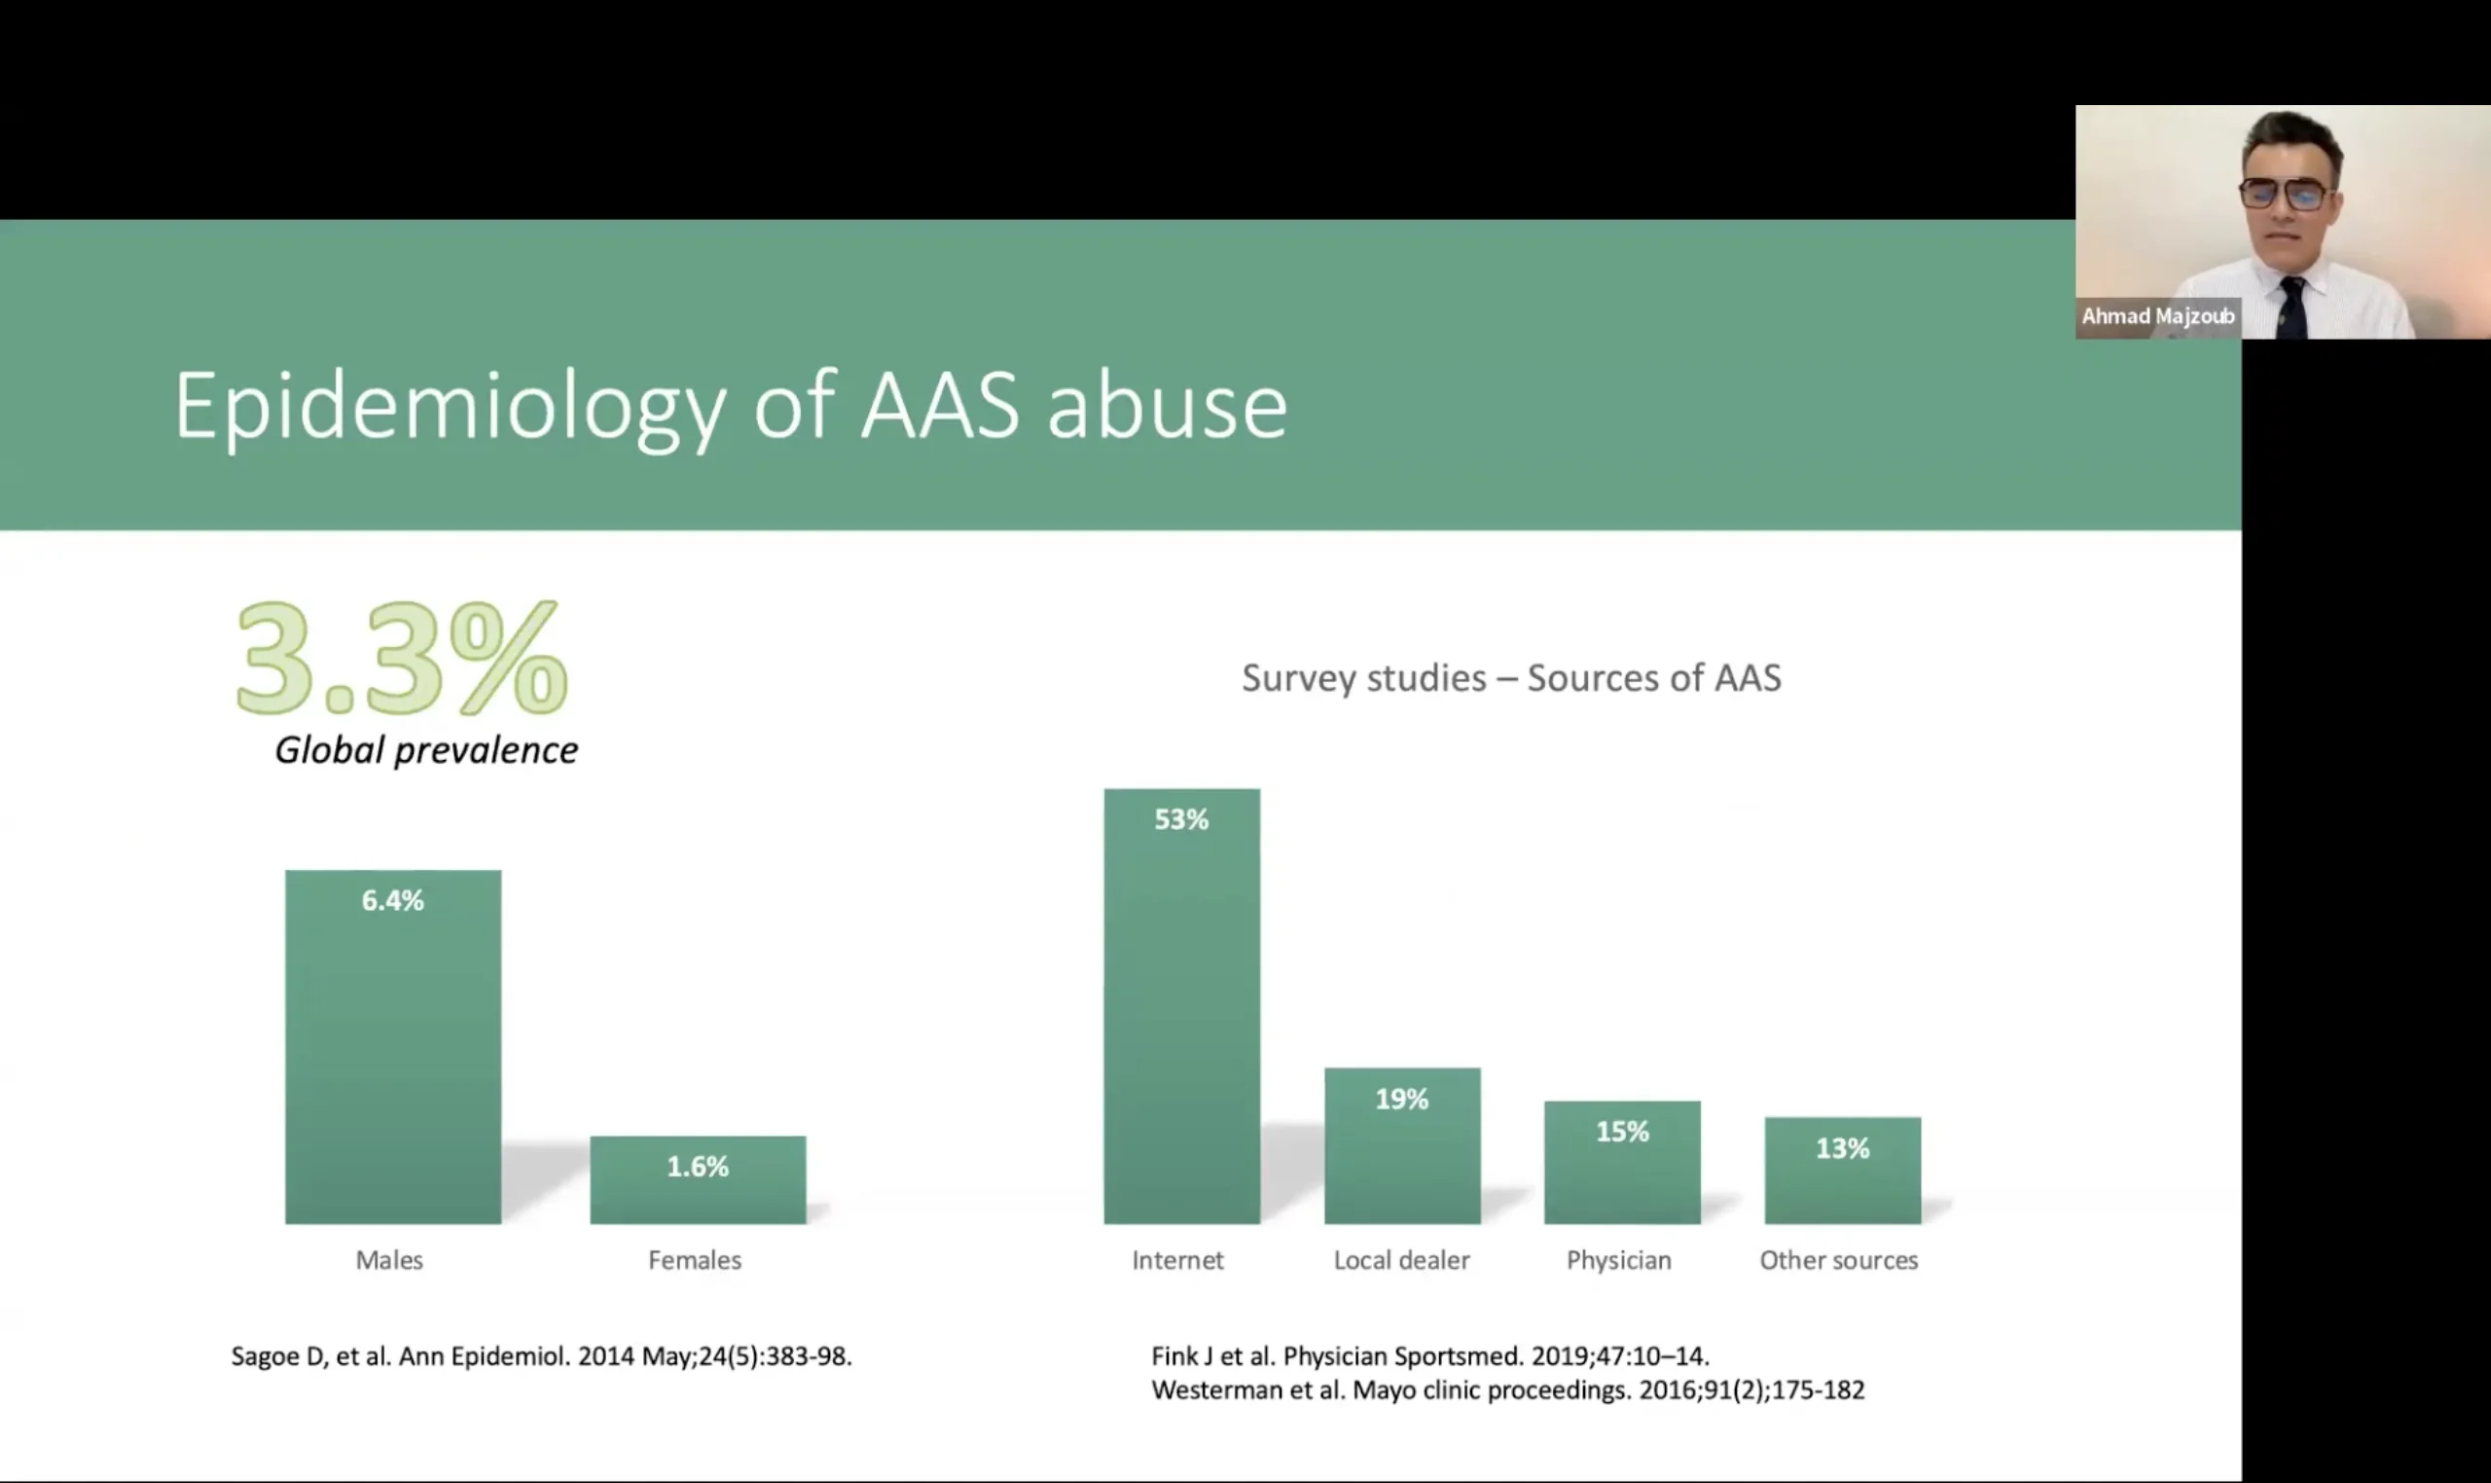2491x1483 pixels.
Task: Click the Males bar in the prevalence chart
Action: point(393,1046)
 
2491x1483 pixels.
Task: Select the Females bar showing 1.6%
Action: point(698,1179)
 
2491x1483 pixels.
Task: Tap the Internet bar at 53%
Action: point(1182,1006)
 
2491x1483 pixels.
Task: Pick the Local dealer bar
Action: point(1403,1146)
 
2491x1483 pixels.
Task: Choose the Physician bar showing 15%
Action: point(1623,1162)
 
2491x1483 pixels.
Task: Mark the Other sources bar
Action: point(1843,1171)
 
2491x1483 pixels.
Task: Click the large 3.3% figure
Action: point(402,658)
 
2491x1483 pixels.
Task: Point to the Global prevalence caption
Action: point(426,749)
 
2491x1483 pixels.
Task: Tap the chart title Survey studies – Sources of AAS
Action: point(1511,677)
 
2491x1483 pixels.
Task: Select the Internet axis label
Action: point(1177,1260)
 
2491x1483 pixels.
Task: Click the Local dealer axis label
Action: point(1402,1260)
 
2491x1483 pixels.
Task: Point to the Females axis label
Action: point(695,1260)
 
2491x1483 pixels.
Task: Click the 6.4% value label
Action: point(393,900)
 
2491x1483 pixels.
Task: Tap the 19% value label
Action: point(1402,1100)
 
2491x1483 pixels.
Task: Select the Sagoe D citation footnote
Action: point(542,1356)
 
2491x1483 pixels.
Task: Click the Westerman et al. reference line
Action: point(1508,1390)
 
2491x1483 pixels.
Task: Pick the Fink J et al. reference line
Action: point(1429,1356)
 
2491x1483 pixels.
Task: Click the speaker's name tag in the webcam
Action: point(2158,317)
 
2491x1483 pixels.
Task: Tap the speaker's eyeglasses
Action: point(2286,193)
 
